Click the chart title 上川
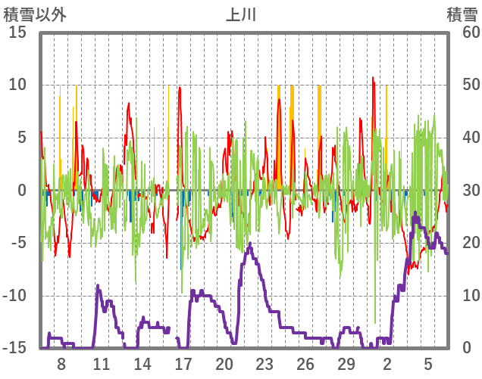pos(241,14)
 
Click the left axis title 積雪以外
pos(30,14)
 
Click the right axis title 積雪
pos(462,14)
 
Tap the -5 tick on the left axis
pos(18,244)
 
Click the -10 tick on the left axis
pos(16,296)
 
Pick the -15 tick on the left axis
pos(16,349)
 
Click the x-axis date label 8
pos(61,364)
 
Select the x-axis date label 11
pos(102,364)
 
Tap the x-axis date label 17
pos(183,364)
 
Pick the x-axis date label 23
pos(264,364)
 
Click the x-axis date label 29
pos(346,364)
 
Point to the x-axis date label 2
pos(387,364)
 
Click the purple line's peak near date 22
pos(250,244)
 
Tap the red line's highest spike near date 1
pos(373,77)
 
